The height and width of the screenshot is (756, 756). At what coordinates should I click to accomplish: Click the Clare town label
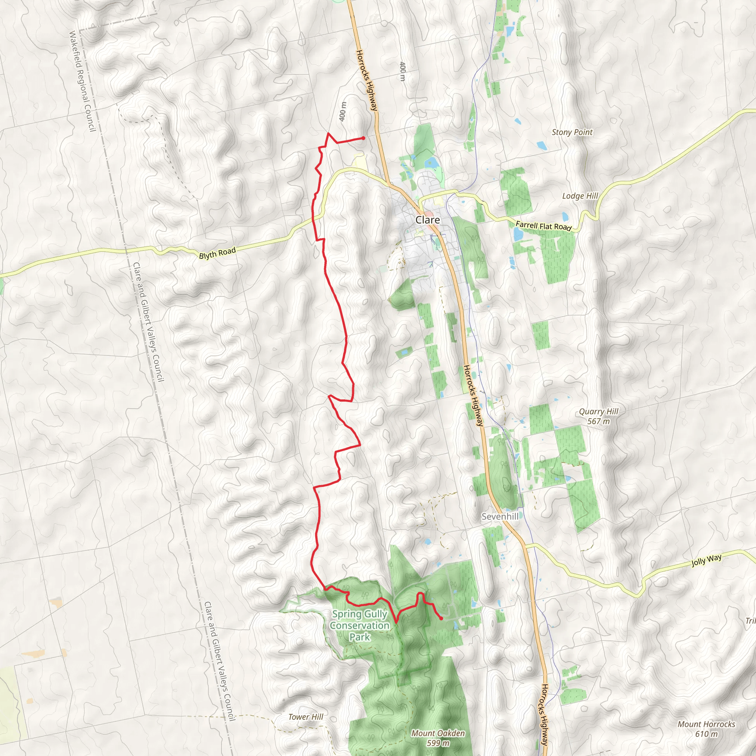[x=427, y=220]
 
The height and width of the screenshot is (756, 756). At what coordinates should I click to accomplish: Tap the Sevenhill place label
[x=500, y=516]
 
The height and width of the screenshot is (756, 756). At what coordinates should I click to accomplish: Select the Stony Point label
[x=572, y=132]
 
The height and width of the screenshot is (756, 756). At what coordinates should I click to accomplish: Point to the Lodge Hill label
[x=580, y=196]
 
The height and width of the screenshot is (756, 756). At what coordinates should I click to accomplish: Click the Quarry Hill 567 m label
[x=598, y=416]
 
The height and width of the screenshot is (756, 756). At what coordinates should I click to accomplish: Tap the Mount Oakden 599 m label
[x=438, y=738]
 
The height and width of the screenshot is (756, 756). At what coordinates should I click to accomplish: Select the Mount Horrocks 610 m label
[x=706, y=729]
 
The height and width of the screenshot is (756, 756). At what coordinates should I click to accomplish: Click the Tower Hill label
[x=306, y=717]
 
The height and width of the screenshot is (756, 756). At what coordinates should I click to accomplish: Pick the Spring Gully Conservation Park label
[x=360, y=625]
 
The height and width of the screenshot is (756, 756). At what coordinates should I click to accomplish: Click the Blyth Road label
[x=217, y=253]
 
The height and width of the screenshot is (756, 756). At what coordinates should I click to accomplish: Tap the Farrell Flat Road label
[x=543, y=226]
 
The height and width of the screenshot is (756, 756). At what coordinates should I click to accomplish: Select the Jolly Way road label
[x=706, y=560]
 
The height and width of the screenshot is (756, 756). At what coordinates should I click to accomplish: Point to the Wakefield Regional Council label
[x=82, y=81]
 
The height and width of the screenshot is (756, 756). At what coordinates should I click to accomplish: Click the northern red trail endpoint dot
[x=363, y=138]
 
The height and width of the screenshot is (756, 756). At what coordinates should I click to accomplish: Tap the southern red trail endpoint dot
[x=441, y=619]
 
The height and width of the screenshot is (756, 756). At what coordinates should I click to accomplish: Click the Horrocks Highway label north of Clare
[x=367, y=80]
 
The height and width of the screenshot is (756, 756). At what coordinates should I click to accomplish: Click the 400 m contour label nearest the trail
[x=343, y=111]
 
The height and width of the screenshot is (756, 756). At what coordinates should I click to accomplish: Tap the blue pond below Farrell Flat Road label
[x=518, y=235]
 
